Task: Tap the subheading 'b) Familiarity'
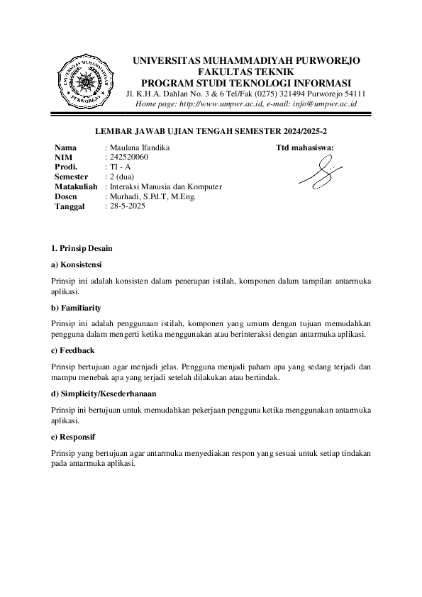77,308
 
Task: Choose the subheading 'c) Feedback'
73,350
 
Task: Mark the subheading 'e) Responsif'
74,436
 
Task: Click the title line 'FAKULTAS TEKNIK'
246,72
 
